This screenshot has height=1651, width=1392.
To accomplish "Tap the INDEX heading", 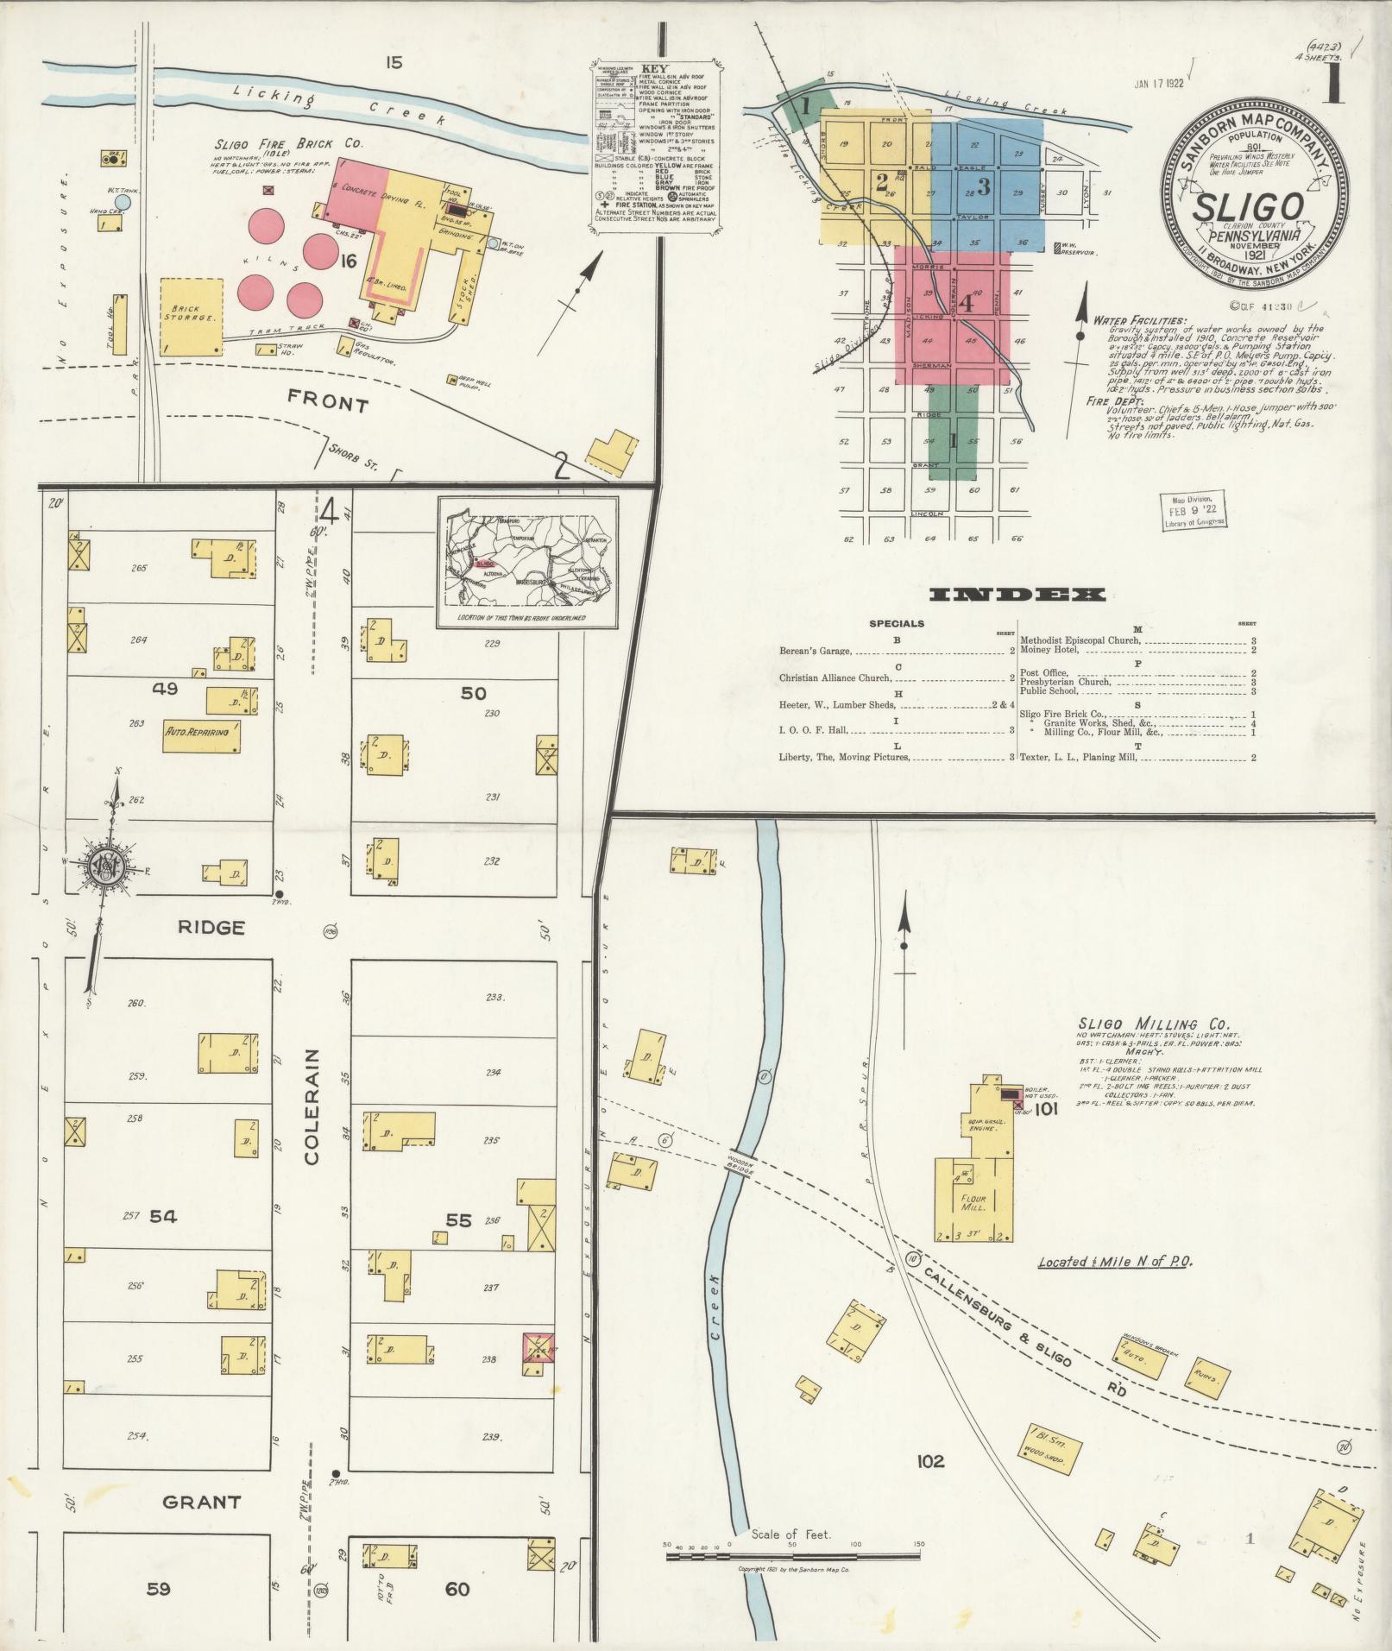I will click(x=1017, y=595).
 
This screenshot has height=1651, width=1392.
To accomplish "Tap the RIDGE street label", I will click(x=211, y=928).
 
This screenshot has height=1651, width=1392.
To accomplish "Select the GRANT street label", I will click(x=201, y=1503).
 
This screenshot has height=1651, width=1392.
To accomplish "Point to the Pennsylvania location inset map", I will click(x=527, y=562).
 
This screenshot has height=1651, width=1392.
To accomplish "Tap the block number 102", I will click(x=930, y=1461).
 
